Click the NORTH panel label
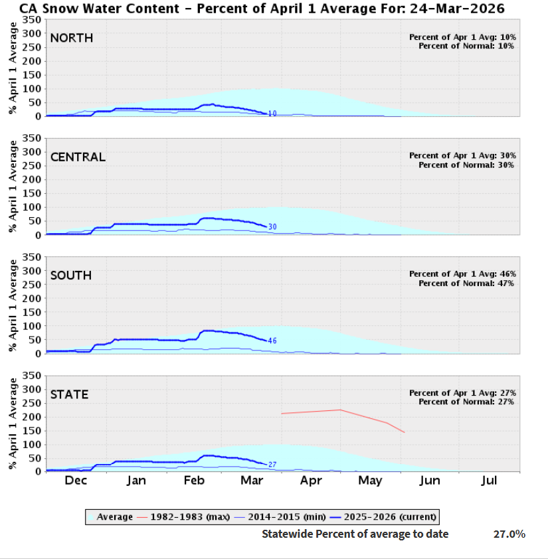coord(72,39)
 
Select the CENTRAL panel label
coord(78,157)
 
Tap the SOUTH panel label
coord(71,276)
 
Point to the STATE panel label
coord(69,394)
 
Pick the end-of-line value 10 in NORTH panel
coord(272,114)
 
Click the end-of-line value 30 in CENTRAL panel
coord(272,227)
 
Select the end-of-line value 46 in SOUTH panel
coord(272,341)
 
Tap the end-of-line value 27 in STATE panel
coord(272,465)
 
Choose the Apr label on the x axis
coord(311,481)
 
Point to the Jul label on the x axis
coord(489,481)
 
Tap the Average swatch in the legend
coord(92,517)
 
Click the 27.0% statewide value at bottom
coord(509,534)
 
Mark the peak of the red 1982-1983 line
coord(341,410)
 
